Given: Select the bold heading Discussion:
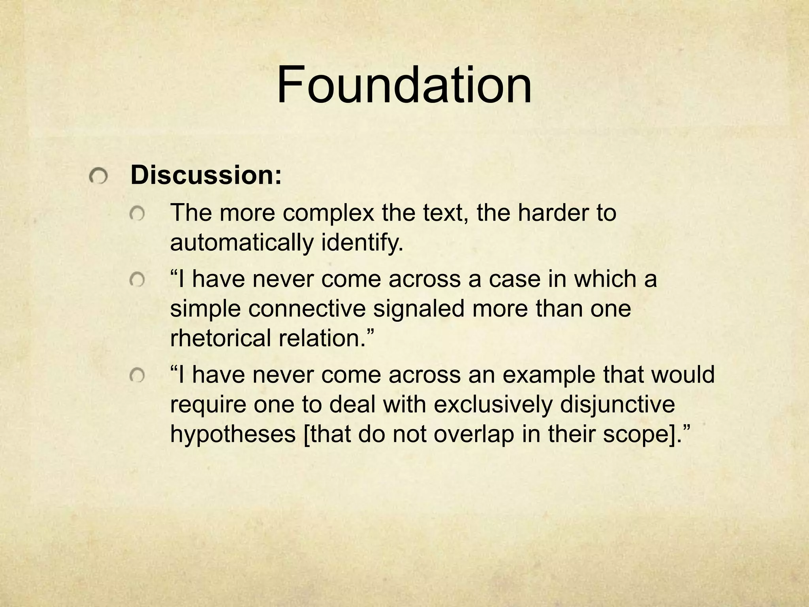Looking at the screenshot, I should point(206,175).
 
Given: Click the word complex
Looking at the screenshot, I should point(328,213).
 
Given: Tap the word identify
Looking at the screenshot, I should point(362,243).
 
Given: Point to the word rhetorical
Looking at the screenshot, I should point(220,338).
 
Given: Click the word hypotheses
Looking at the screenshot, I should point(233,434).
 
